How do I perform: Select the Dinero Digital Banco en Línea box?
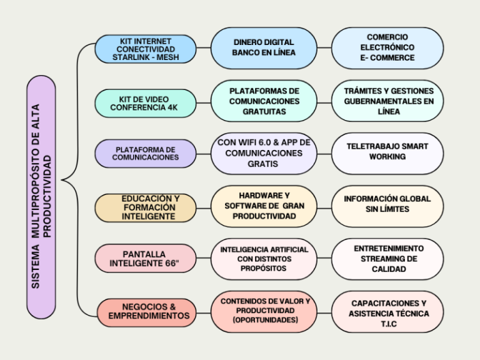coord(263,48)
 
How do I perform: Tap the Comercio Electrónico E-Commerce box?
coord(387,48)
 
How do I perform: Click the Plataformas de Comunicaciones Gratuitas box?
coord(263,101)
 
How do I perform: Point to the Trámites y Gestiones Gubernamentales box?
coord(388,101)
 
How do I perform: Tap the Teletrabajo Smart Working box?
coord(387,152)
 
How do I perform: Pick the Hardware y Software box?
coord(263,206)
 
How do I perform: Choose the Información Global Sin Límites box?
coord(387,205)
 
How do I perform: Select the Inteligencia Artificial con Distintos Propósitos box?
coord(263,259)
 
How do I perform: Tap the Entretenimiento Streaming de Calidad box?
coord(387,259)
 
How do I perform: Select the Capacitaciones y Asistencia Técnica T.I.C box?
coord(388,311)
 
